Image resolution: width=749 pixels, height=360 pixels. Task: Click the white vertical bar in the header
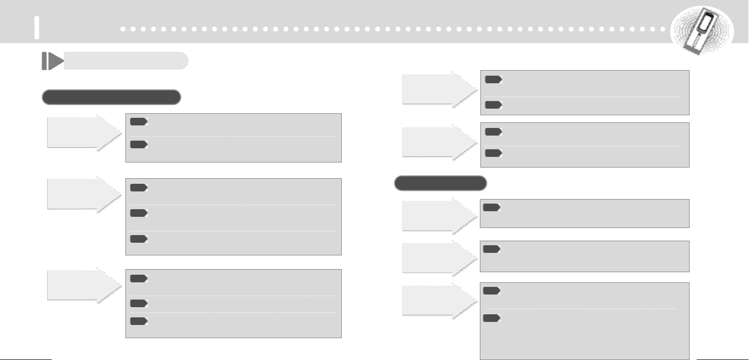point(37,27)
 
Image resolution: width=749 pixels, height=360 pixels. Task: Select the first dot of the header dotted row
point(123,29)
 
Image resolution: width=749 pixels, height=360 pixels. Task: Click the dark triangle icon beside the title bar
point(52,61)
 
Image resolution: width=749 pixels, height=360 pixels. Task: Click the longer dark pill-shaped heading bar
point(111,97)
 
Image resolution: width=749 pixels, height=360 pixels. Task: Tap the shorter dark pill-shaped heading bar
point(440,183)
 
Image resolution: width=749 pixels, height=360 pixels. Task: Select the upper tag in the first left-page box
point(138,122)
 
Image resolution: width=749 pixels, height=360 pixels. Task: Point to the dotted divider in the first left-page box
point(233,136)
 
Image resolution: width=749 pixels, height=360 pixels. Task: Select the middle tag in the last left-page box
point(138,303)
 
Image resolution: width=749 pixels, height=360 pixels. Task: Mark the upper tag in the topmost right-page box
point(493,80)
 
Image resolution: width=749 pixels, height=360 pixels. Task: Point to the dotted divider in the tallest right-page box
point(581,309)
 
